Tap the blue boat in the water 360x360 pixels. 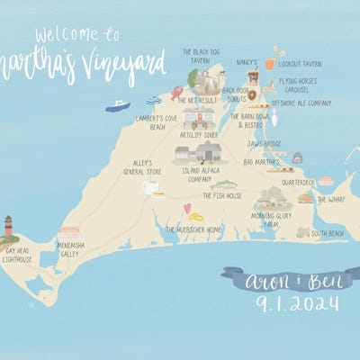pyautogui.click(x=117, y=106)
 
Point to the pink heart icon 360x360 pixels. pyautogui.click(x=187, y=209)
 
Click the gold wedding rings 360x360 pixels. pyautogui.click(x=196, y=217)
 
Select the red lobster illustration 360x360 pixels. pyautogui.click(x=176, y=92)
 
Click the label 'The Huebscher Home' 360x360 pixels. pyautogui.click(x=193, y=229)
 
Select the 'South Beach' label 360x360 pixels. pyautogui.click(x=327, y=234)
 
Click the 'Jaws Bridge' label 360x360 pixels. pyautogui.click(x=265, y=143)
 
